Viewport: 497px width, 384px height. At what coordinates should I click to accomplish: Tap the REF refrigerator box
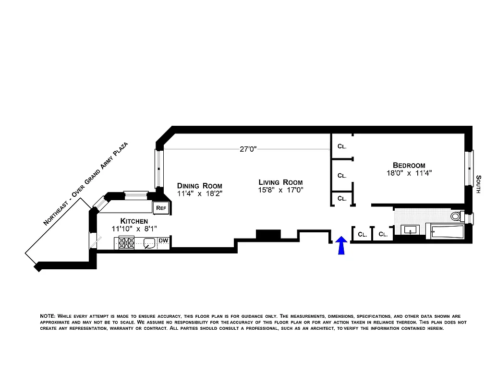(x=160, y=208)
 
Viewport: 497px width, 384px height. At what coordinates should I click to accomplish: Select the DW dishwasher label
(x=163, y=240)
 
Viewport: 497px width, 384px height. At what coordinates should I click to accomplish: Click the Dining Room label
(x=199, y=186)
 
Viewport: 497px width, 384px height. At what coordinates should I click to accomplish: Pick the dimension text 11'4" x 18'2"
(x=199, y=193)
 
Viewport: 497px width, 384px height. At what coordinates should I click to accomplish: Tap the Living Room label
(x=280, y=182)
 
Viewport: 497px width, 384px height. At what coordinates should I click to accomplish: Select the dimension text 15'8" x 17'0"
(x=280, y=190)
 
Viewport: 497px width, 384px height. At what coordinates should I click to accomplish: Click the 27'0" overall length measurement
(x=248, y=149)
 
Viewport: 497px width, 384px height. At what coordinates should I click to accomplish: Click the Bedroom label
(x=409, y=165)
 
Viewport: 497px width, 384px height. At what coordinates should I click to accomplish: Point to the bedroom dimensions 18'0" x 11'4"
(x=409, y=173)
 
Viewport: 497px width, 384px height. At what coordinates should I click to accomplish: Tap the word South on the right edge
(x=478, y=184)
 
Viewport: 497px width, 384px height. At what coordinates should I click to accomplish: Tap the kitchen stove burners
(x=126, y=244)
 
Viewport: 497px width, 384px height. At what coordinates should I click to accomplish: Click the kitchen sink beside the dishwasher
(x=149, y=243)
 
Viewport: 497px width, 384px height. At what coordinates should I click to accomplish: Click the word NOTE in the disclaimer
(x=48, y=316)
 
